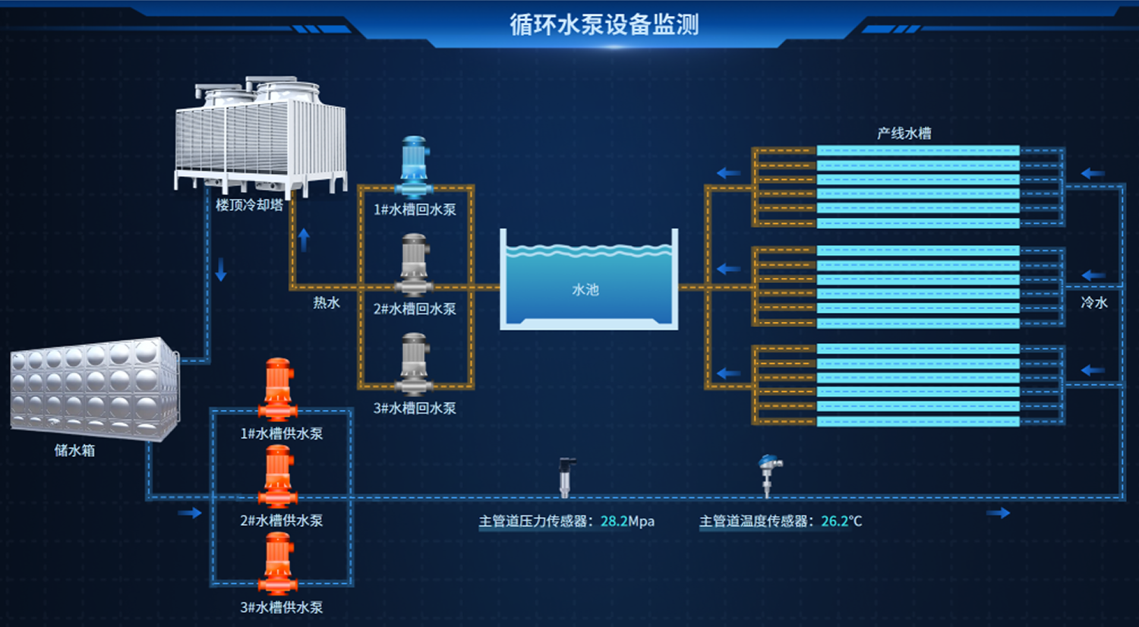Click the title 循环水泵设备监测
[604, 24]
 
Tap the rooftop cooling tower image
[261, 137]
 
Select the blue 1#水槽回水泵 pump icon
[415, 167]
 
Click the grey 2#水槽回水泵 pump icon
[415, 265]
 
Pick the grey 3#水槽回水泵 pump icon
[415, 364]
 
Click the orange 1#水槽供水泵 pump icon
[278, 389]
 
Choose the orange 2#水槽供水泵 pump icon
[278, 477]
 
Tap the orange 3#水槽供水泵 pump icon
[278, 563]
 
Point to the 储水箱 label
[74, 451]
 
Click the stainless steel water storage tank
[95, 389]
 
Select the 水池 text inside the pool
[585, 290]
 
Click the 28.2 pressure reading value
[614, 521]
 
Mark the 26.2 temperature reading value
[835, 521]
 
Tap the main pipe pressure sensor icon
[566, 477]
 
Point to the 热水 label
[327, 303]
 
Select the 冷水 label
[1093, 303]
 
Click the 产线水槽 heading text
[904, 134]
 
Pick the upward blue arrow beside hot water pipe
[304, 240]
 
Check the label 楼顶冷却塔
[249, 205]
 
